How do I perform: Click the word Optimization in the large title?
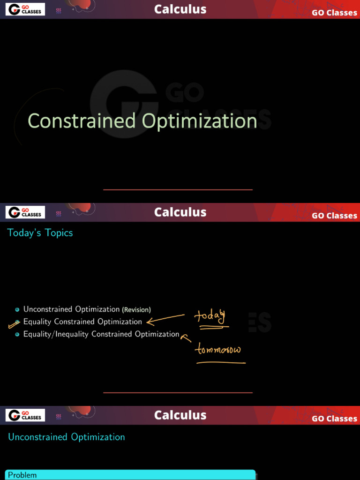pyautogui.click(x=200, y=121)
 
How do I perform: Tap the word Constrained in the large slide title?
pyautogui.click(x=82, y=121)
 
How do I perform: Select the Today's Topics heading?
pyautogui.click(x=40, y=233)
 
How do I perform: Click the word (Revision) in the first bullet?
pyautogui.click(x=136, y=310)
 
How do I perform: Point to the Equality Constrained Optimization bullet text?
pyautogui.click(x=82, y=322)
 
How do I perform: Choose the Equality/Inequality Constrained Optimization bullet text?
pyautogui.click(x=101, y=334)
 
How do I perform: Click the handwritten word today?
pyautogui.click(x=210, y=316)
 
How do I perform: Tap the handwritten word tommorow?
pyautogui.click(x=218, y=349)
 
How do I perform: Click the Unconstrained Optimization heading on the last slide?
pyautogui.click(x=67, y=437)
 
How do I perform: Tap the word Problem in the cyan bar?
pyautogui.click(x=22, y=475)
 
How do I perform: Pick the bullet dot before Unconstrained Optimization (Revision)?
pyautogui.click(x=17, y=310)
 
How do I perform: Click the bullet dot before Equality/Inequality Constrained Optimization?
pyautogui.click(x=17, y=334)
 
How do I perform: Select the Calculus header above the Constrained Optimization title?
pyautogui.click(x=180, y=9)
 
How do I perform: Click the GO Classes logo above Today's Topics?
pyautogui.click(x=25, y=212)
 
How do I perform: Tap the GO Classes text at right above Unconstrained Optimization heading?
pyautogui.click(x=334, y=419)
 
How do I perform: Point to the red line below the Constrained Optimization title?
pyautogui.click(x=178, y=190)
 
